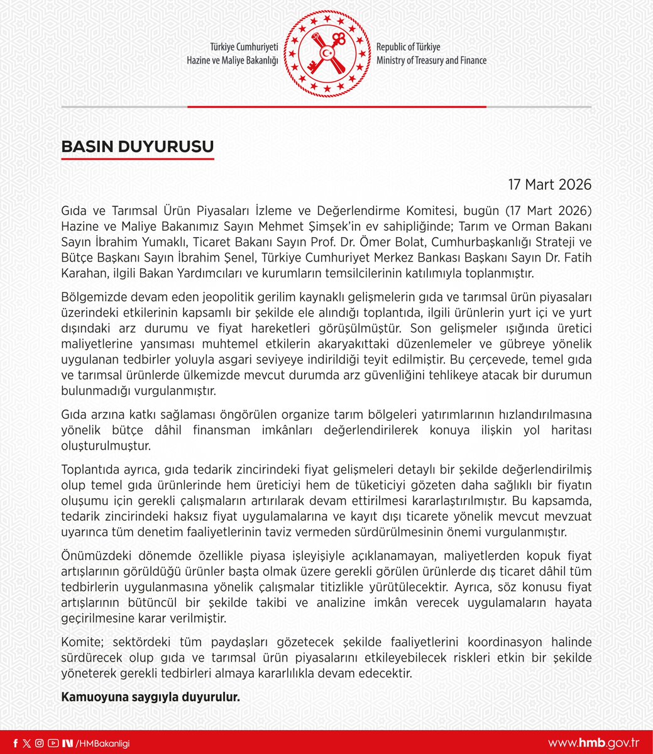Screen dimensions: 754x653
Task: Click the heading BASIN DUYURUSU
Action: [137, 147]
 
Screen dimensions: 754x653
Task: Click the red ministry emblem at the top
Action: [327, 54]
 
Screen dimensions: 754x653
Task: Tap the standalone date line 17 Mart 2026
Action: [550, 184]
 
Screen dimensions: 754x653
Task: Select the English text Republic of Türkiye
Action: [408, 48]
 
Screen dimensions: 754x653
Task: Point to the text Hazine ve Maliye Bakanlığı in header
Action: [232, 60]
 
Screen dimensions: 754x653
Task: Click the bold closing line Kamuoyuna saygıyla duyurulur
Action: [150, 697]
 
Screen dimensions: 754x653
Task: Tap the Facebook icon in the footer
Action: [16, 743]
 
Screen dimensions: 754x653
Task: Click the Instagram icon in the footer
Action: [39, 743]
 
